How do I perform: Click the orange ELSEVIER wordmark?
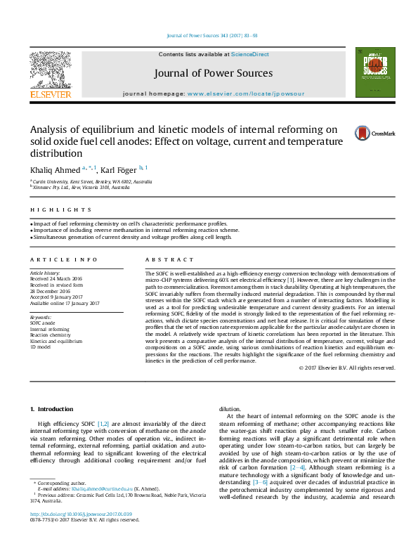(50, 93)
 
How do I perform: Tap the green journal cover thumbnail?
(371, 72)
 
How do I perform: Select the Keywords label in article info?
(41, 317)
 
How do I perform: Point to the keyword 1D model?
(41, 346)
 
